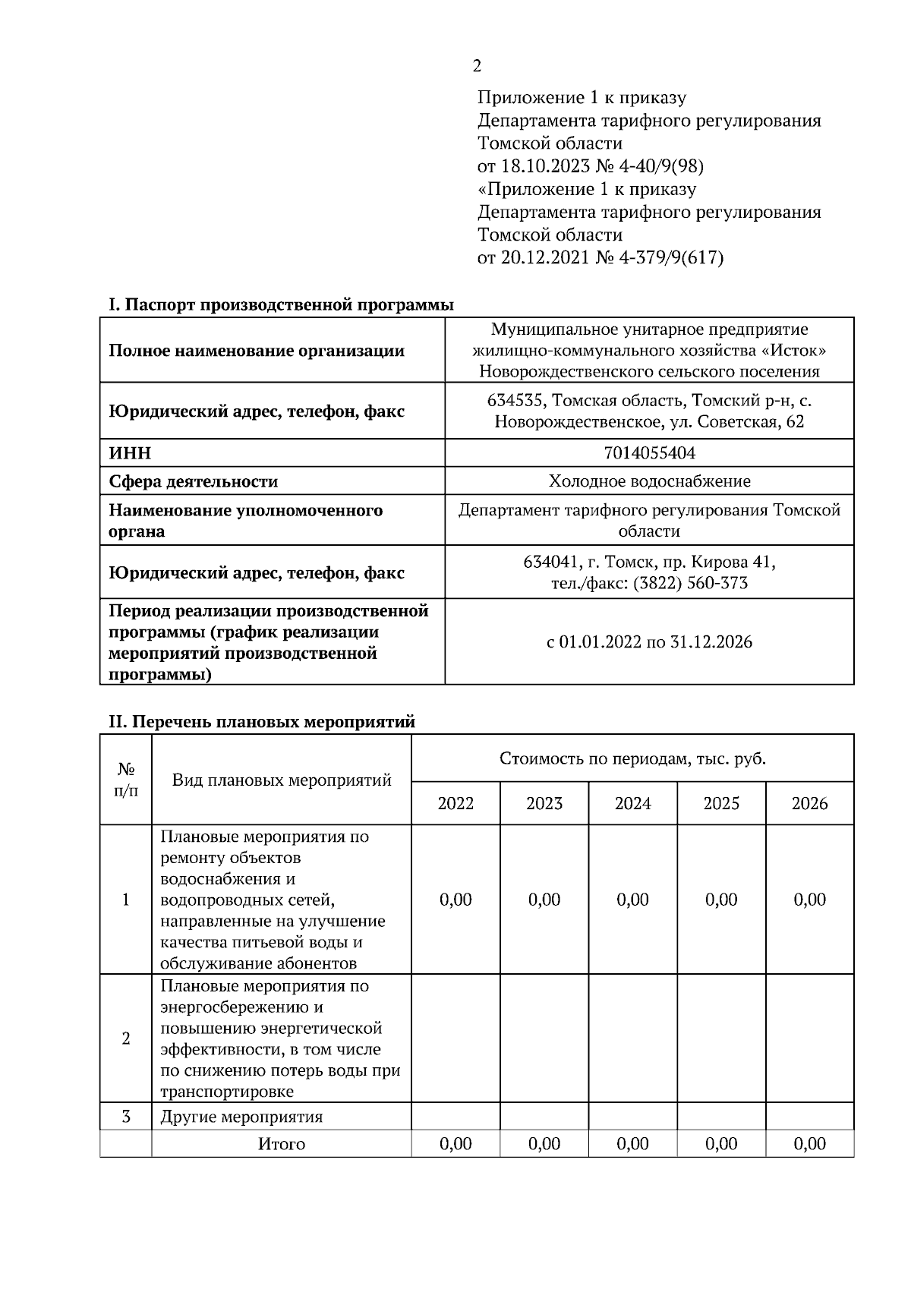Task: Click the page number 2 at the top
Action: coord(476,67)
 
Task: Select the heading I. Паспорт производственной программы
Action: coord(281,305)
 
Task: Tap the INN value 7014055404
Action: coord(649,453)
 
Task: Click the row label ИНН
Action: coord(130,453)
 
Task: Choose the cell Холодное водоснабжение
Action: coord(649,481)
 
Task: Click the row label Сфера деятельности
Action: coord(193,481)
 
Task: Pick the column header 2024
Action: coord(632,803)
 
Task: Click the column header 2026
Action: coord(809,803)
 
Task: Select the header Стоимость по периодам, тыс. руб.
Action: coord(632,758)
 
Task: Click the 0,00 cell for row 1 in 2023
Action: coord(544,900)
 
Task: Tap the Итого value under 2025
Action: coord(720,1144)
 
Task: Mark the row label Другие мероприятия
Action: coord(241,1117)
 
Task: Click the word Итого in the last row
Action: coord(281,1144)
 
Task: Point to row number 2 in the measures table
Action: coord(126,1038)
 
